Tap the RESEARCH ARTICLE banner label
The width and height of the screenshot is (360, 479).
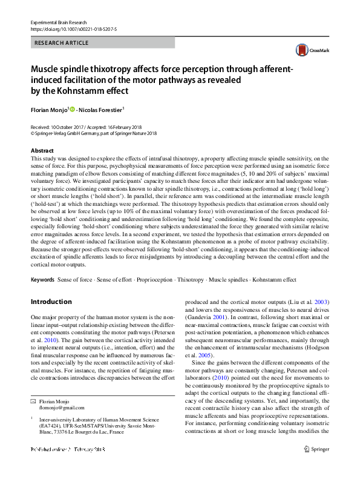coord(62,43)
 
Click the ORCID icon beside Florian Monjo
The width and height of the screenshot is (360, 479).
coord(73,110)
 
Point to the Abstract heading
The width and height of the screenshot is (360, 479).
coord(42,150)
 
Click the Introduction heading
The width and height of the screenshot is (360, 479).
coord(51,301)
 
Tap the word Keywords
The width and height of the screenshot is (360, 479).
coord(42,280)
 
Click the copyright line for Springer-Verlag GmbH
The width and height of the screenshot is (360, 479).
coord(93,134)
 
